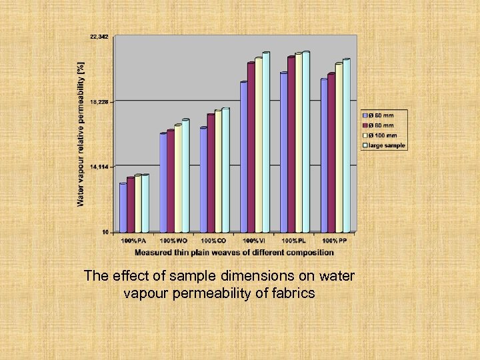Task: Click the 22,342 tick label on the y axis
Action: coord(99,37)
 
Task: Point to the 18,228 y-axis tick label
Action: coord(99,102)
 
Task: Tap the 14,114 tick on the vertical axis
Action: coord(99,167)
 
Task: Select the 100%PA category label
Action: coord(133,240)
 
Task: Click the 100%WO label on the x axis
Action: coord(173,240)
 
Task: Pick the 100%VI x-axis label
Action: coord(254,240)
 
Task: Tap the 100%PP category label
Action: coord(334,240)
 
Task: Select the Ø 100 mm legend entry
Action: coord(383,135)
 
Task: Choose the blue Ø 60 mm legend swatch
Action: coord(365,116)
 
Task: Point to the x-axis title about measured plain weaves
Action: coord(234,253)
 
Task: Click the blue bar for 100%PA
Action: coord(123,207)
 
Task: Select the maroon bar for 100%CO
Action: coord(211,173)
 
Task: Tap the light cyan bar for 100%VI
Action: coord(266,143)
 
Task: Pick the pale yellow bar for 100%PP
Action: coord(339,148)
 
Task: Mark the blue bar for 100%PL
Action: coord(283,153)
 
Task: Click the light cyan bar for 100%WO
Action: coord(185,176)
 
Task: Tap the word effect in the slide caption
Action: coord(125,275)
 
